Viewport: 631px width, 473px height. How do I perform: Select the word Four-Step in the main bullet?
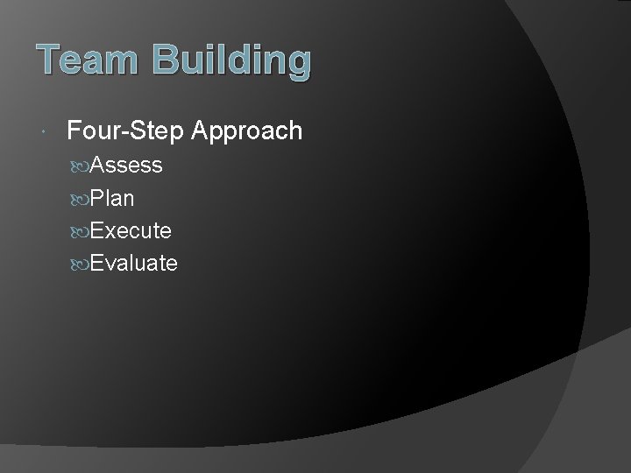coord(124,131)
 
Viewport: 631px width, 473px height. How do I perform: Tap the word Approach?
coord(246,131)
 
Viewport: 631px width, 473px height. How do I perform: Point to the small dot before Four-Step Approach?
coord(44,132)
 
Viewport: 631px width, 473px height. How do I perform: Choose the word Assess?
coord(125,166)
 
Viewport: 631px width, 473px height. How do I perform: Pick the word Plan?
coord(111,198)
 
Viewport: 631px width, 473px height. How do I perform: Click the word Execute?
coord(131,230)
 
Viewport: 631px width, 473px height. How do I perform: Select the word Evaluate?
coord(133,263)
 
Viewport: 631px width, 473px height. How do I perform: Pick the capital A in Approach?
coord(201,131)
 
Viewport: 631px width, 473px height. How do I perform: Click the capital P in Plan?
coord(96,198)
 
